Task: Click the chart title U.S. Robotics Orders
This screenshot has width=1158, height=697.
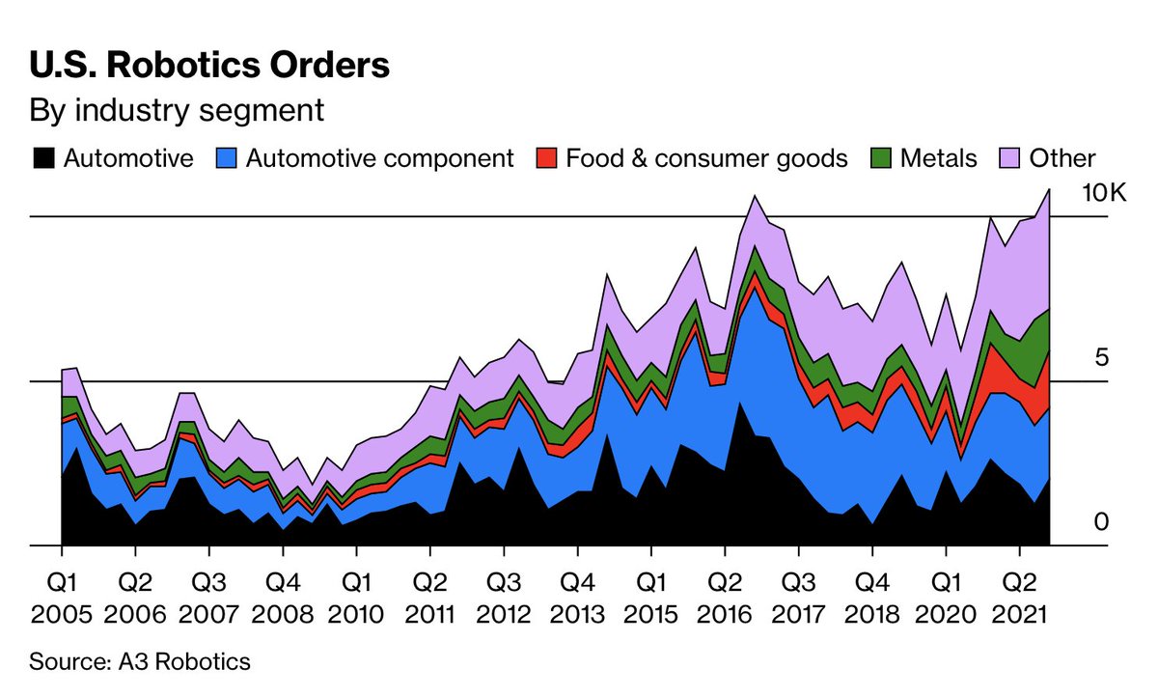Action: tap(209, 65)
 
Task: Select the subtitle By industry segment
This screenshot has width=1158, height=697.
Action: tap(177, 111)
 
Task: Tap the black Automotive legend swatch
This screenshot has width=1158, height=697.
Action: tap(43, 158)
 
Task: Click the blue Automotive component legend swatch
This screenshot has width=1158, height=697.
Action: tap(226, 158)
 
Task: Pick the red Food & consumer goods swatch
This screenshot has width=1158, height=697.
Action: tap(546, 158)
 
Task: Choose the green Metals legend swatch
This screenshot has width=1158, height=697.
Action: tap(881, 158)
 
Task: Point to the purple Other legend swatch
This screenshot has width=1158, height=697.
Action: tap(1009, 158)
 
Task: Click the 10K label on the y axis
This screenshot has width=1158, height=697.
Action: tap(1104, 193)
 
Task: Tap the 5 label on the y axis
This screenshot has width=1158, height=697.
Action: tap(1102, 357)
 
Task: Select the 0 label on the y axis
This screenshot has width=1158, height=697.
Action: tap(1101, 522)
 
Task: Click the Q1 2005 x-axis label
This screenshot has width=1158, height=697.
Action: tap(62, 599)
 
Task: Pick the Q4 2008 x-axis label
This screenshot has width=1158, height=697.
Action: tap(283, 599)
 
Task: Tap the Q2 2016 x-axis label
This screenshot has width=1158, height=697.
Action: tap(725, 599)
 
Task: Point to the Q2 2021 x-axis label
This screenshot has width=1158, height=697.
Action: tap(1019, 599)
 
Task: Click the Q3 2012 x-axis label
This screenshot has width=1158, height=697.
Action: tap(504, 599)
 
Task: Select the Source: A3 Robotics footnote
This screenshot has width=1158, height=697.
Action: tap(140, 662)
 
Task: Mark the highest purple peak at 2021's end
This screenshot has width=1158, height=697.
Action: tap(1049, 190)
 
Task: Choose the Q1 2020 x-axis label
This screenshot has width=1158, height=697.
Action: tap(946, 599)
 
